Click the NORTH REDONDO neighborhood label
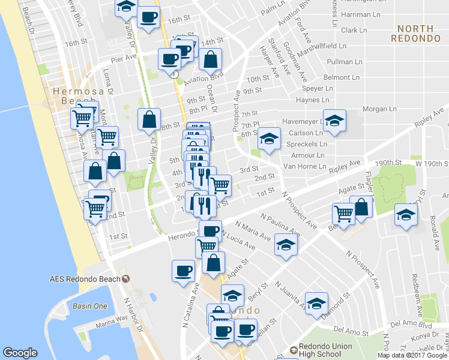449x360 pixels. click(417, 33)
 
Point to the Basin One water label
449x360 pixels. click(90, 306)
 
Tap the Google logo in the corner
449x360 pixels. click(20, 353)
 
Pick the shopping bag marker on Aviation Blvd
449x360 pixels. click(211, 59)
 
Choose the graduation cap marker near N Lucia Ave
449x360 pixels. click(286, 246)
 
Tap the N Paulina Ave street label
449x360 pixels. click(280, 223)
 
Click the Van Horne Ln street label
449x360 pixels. click(304, 166)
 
